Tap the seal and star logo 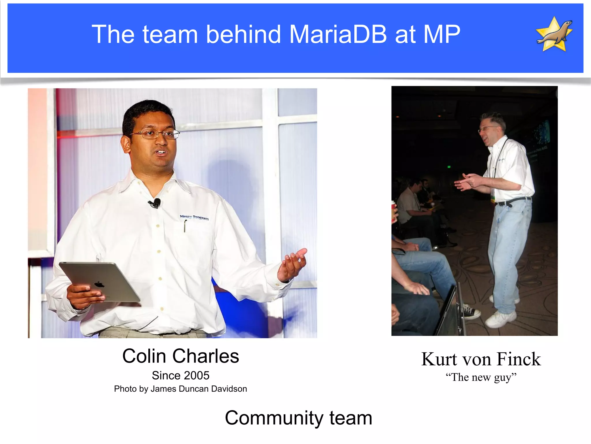coord(554,34)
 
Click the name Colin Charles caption coord(181,356)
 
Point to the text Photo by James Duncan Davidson coord(181,389)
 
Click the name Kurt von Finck coord(481,359)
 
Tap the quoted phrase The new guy coord(481,377)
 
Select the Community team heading coord(298,418)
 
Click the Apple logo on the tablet coord(99,284)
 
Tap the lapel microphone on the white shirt coord(156,203)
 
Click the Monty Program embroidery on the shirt coord(194,217)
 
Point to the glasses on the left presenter coord(156,134)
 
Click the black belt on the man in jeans coord(514,201)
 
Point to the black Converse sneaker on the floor coord(470,312)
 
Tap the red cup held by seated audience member coord(394,212)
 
